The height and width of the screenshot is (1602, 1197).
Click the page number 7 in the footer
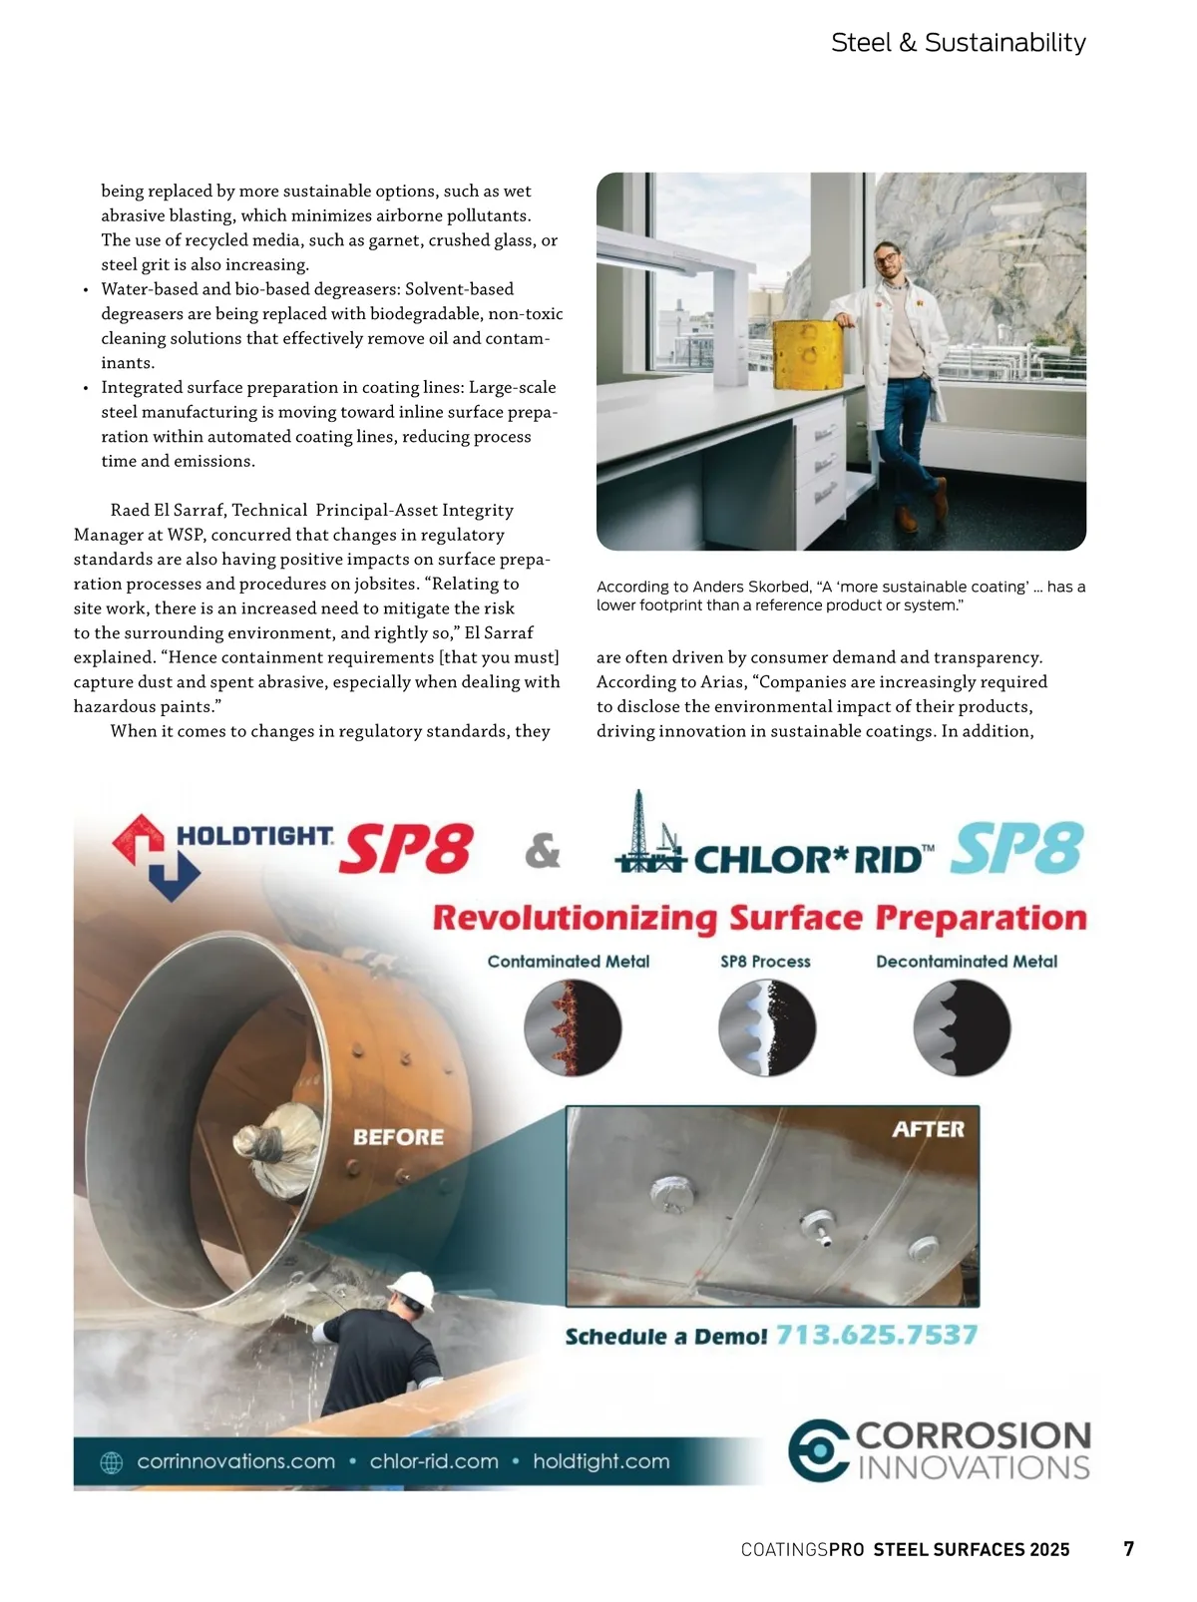tap(1128, 1548)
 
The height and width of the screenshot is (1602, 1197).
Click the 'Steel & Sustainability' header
tap(958, 43)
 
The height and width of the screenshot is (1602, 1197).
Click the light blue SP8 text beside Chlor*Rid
tap(1016, 849)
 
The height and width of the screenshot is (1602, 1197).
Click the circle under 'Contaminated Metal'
tap(573, 1027)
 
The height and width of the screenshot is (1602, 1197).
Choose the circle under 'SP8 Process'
tap(767, 1027)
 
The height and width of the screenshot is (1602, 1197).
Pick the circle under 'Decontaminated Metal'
tap(962, 1027)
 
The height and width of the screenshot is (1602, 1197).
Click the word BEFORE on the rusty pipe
tap(398, 1137)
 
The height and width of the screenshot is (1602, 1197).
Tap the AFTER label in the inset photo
tap(928, 1129)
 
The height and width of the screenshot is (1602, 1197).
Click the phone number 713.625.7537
tap(877, 1335)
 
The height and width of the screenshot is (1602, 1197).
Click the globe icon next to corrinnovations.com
tap(112, 1462)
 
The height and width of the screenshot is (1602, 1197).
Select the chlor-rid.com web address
tap(434, 1461)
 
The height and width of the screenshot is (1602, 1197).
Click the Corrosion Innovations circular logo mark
tap(818, 1450)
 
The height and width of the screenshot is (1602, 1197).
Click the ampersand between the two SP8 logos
tap(543, 851)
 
